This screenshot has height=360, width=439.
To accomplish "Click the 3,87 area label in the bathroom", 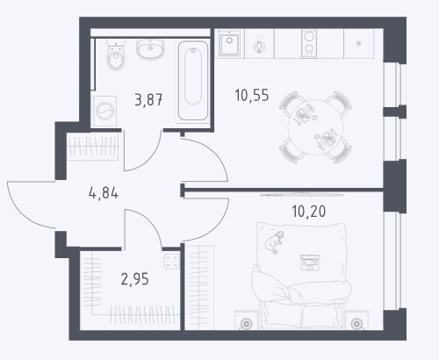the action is click(148, 99).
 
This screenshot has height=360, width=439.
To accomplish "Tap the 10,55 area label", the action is click(252, 96).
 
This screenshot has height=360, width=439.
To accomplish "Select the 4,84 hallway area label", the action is click(104, 193).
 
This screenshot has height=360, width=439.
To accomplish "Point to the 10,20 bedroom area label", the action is click(309, 211).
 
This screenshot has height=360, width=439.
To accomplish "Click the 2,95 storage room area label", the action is click(135, 279).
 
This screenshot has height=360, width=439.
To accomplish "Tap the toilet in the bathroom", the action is click(116, 54).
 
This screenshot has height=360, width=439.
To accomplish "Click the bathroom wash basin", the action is click(150, 49).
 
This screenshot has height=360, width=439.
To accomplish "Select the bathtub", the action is click(193, 81).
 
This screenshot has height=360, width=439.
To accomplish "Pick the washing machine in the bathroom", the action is click(104, 112).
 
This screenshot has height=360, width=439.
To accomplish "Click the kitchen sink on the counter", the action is click(230, 43).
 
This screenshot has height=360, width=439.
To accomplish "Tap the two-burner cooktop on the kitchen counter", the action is click(309, 43).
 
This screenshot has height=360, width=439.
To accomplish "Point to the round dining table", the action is click(316, 127).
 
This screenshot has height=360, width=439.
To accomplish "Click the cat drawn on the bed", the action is click(275, 241).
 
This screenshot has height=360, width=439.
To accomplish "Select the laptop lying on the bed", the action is click(310, 263).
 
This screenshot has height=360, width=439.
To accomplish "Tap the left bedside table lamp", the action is click(247, 324).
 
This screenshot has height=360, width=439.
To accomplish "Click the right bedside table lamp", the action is click(356, 324).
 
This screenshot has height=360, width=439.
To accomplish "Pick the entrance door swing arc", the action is click(23, 212).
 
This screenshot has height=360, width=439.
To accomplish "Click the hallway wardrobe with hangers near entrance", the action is click(93, 147).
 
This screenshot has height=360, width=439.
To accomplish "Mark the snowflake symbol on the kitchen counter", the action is click(358, 44).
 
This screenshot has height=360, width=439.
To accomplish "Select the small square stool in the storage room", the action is click(171, 262).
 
